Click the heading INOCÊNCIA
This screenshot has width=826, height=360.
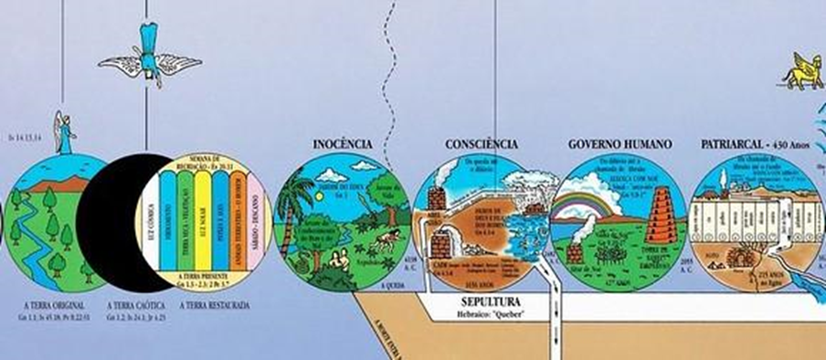click(x=342, y=144)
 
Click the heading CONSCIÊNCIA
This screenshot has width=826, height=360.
click(x=482, y=144)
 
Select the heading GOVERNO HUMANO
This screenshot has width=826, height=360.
click(x=619, y=144)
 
